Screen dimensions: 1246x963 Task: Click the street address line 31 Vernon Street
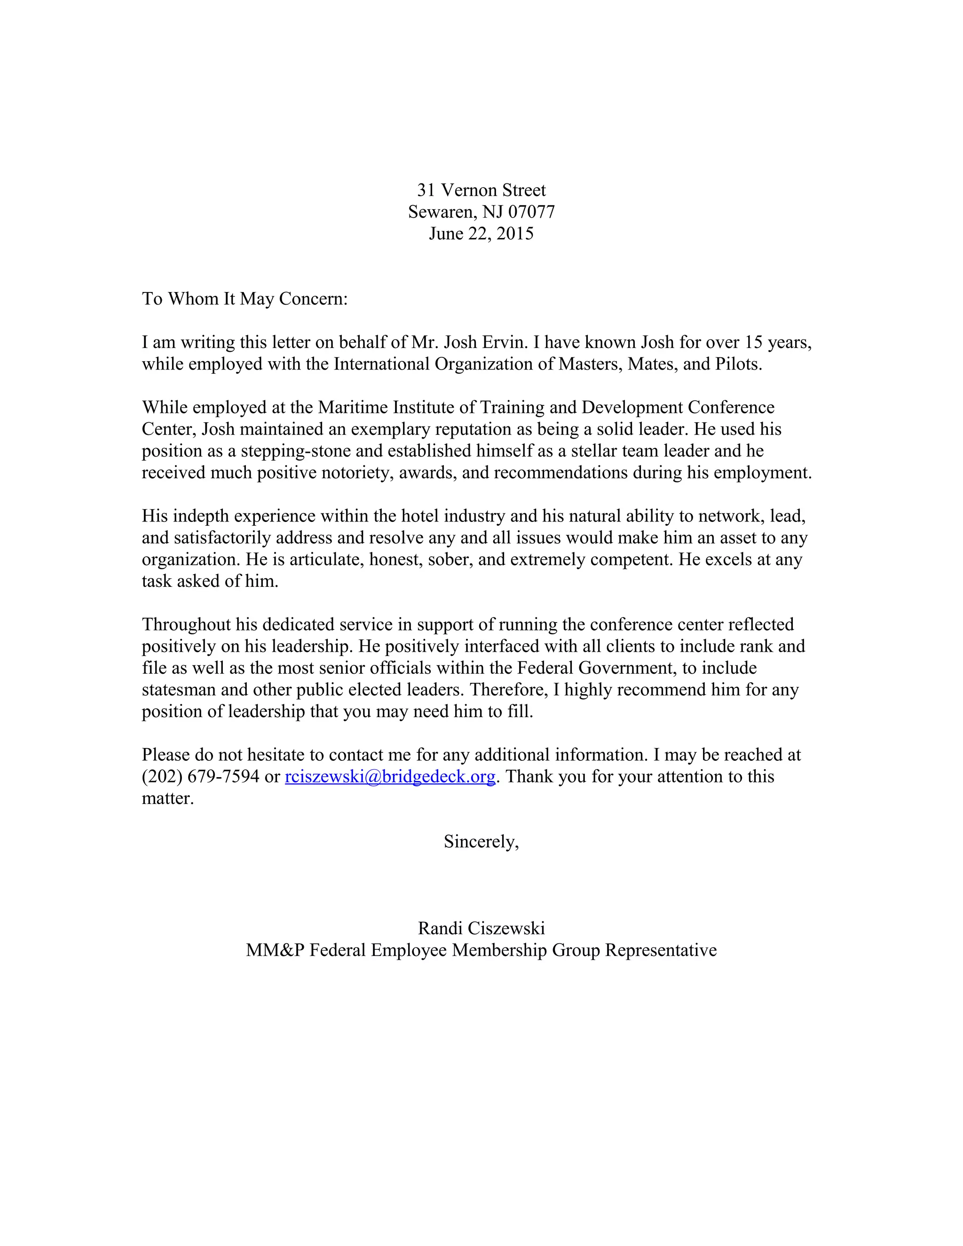[x=481, y=190]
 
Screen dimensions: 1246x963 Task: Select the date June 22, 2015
[x=481, y=233]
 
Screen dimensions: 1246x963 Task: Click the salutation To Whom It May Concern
[x=244, y=299]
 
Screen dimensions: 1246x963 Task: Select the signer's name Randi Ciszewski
[x=481, y=928]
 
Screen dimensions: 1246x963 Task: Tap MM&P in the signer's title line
[x=275, y=950]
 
